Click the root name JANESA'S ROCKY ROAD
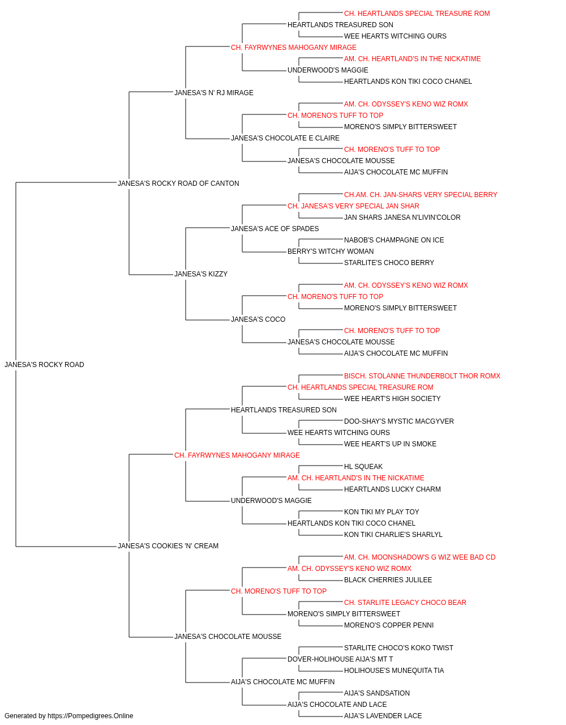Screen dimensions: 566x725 [x=44, y=365]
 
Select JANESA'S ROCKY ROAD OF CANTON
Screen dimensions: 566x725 [x=178, y=184]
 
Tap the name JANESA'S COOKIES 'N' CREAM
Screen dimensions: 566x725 [x=168, y=546]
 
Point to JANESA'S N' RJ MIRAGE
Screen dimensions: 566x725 [x=214, y=93]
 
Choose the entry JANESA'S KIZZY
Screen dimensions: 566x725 [x=201, y=274]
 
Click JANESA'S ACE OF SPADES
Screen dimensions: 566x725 [x=275, y=228]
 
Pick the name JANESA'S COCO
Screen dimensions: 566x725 [x=258, y=319]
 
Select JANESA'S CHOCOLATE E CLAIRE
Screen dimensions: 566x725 [x=285, y=138]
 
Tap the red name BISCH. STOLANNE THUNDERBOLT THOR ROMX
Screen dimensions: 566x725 [x=422, y=376]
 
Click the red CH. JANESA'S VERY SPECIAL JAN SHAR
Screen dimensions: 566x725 [x=353, y=206]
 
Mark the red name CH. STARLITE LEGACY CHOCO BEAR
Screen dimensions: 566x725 [x=405, y=603]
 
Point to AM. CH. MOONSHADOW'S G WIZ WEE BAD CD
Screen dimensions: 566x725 [x=419, y=557]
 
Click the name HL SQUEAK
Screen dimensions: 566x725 [x=363, y=466]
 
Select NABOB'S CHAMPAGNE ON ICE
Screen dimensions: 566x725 [x=394, y=240]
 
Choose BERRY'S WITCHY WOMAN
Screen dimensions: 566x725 [x=331, y=251]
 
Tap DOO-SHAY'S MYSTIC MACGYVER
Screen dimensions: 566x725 [x=399, y=421]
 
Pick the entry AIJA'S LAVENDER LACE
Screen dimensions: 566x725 [x=383, y=716]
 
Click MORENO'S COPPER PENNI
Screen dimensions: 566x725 [x=389, y=625]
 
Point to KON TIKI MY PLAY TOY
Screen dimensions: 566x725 [x=381, y=512]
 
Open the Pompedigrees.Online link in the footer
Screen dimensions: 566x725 [x=90, y=716]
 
